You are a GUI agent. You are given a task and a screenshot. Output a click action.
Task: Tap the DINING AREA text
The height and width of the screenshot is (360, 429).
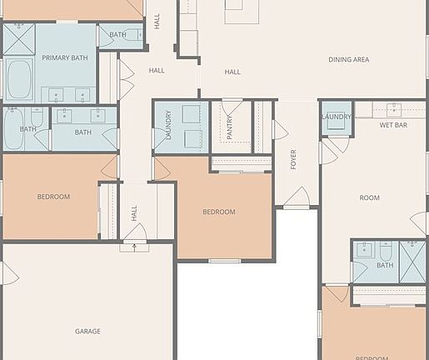tap(349, 60)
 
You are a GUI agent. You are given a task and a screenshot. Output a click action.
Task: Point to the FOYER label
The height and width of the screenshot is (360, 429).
tap(293, 159)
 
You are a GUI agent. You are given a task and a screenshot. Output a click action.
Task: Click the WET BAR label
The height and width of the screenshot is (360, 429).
tap(393, 125)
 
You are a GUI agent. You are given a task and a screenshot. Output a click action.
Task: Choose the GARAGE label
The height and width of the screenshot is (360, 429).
tap(87, 331)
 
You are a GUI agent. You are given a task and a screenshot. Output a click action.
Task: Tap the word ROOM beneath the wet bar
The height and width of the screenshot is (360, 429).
tap(369, 197)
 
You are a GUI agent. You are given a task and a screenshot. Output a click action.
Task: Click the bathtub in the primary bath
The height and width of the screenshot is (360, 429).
tap(18, 79)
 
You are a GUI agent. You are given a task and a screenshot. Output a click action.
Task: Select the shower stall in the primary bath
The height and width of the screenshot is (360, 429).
tap(18, 38)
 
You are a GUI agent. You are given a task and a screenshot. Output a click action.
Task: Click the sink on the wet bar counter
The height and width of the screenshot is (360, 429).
tap(393, 107)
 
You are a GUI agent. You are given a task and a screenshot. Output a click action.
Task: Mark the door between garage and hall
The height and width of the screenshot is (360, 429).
tap(134, 234)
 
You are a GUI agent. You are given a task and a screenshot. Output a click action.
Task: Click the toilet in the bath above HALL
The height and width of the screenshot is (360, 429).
tap(132, 35)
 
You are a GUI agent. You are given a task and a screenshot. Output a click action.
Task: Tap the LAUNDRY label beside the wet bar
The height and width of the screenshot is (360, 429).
tap(337, 117)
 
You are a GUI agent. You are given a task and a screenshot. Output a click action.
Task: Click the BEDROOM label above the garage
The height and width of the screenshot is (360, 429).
tap(53, 197)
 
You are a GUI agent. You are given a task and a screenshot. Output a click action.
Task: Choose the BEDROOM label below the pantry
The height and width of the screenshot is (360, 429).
tap(219, 212)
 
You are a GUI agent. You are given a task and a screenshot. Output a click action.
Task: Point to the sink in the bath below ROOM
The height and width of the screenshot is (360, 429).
tap(364, 248)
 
